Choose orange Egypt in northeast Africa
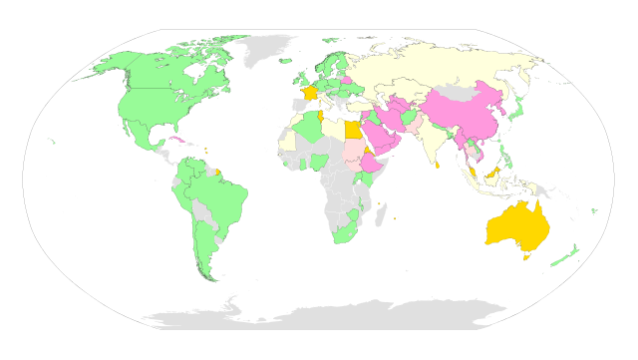click(x=350, y=131)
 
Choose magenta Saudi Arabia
click(x=378, y=137)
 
